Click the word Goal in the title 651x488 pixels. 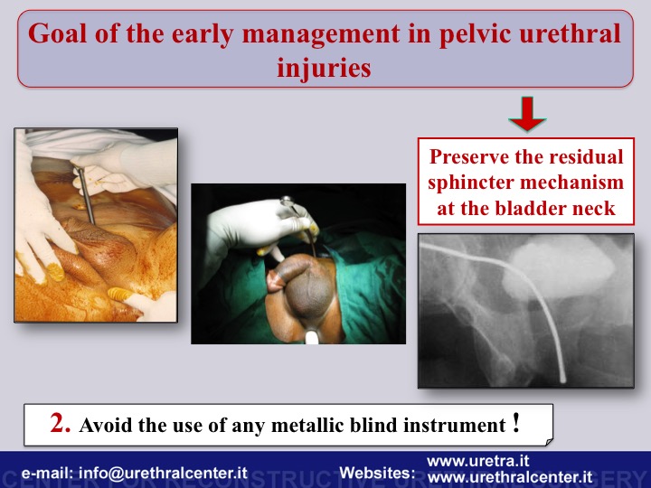[58, 33]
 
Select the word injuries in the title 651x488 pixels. [324, 68]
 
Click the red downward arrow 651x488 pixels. [527, 114]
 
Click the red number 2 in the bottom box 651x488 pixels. [60, 423]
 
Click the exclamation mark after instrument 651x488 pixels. [516, 422]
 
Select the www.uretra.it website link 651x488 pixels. [478, 461]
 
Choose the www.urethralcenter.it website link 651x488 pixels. [510, 477]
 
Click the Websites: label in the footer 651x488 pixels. [377, 473]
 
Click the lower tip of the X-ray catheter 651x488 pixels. [563, 380]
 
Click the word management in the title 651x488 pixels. [320, 34]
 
